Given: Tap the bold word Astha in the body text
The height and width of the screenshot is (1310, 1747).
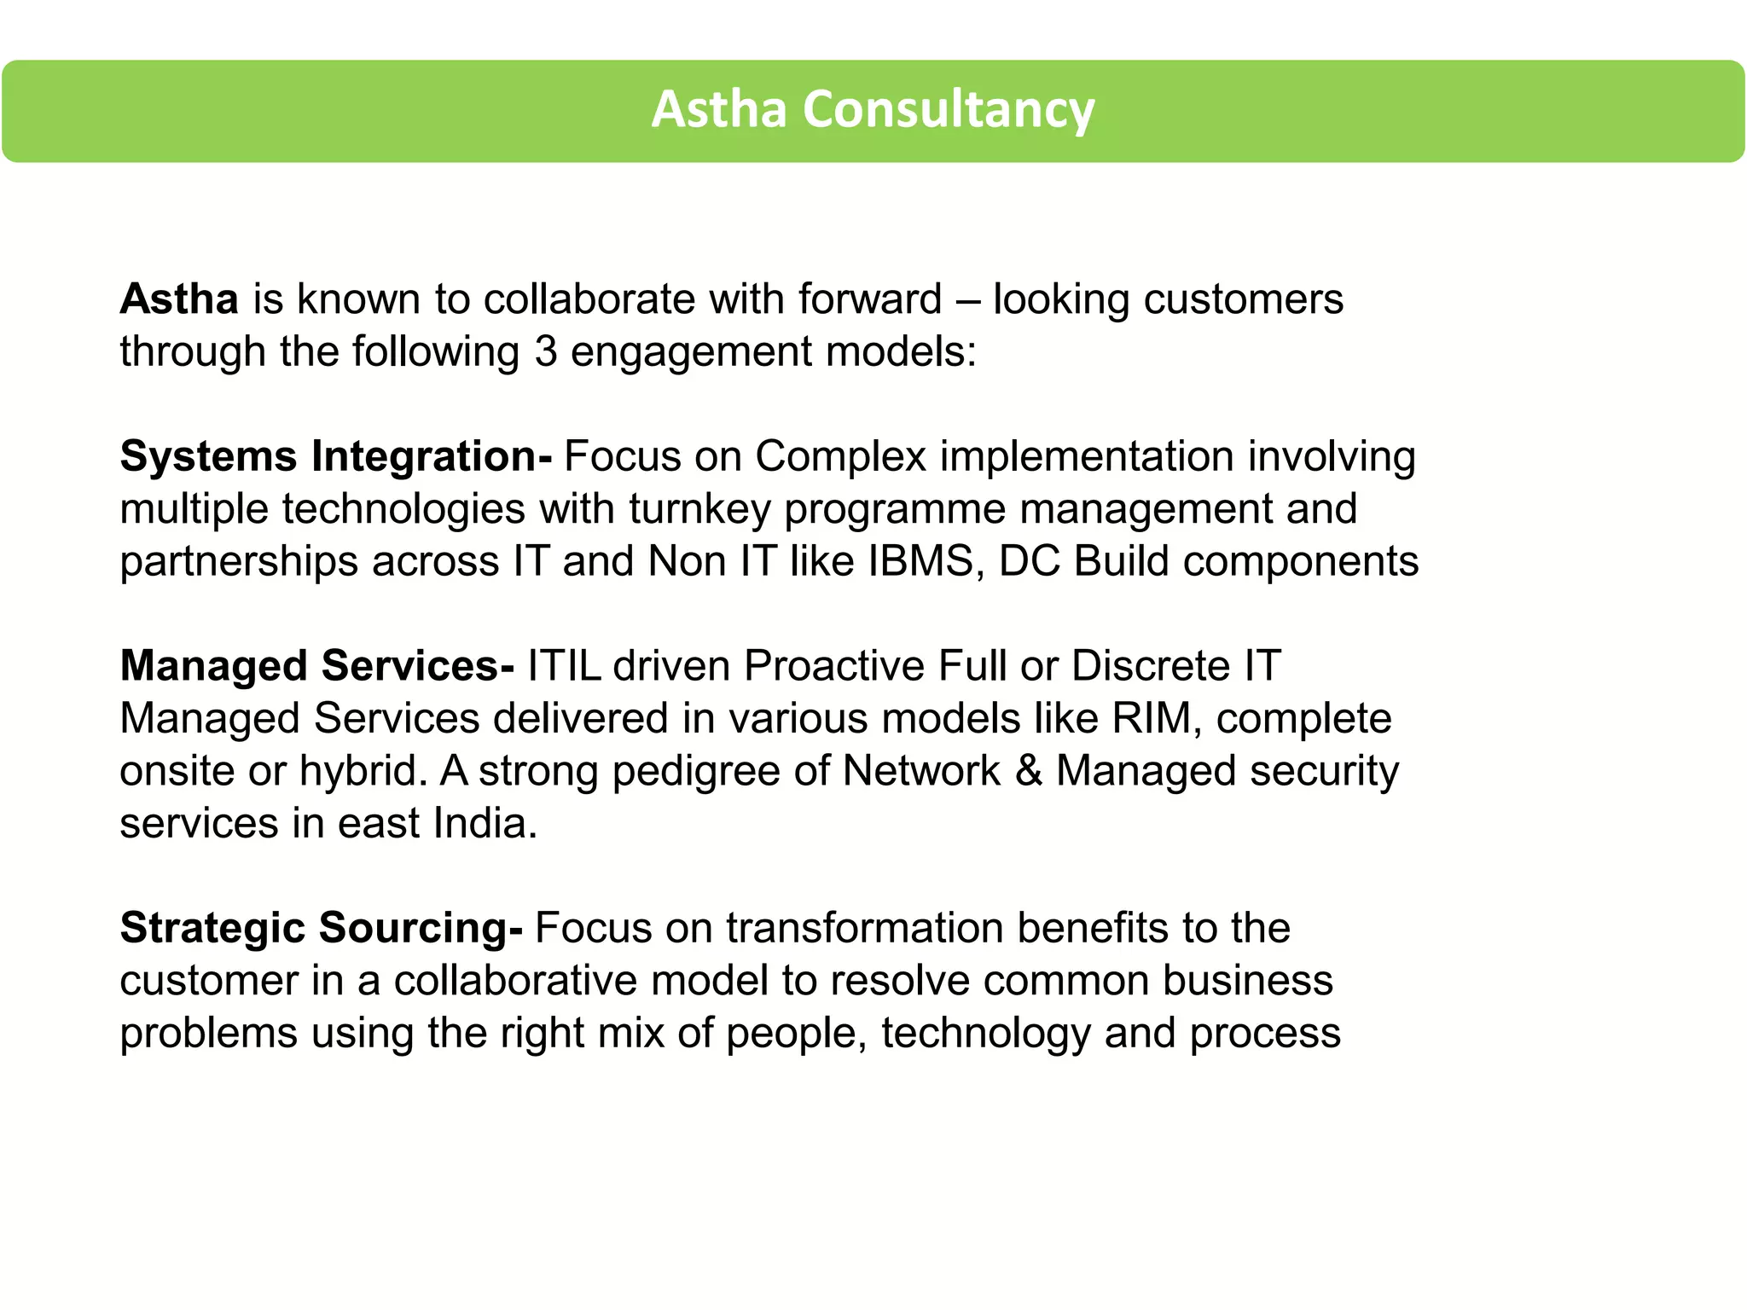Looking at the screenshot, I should [x=179, y=299].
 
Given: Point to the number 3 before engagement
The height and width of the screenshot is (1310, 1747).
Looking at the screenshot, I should [x=546, y=351].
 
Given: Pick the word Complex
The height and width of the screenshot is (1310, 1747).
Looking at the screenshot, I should [x=840, y=456].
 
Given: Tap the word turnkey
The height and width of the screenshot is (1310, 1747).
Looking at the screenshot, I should [x=699, y=509].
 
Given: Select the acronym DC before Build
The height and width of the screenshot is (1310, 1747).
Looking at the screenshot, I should [x=1030, y=562].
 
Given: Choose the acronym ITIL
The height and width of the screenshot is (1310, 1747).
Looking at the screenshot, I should [x=564, y=666].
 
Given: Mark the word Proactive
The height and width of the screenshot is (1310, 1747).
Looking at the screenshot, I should [x=834, y=666].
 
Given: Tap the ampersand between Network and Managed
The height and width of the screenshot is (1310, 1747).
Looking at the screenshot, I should [x=1029, y=771].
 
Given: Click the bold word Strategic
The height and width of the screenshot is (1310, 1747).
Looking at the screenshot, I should [x=212, y=929].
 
